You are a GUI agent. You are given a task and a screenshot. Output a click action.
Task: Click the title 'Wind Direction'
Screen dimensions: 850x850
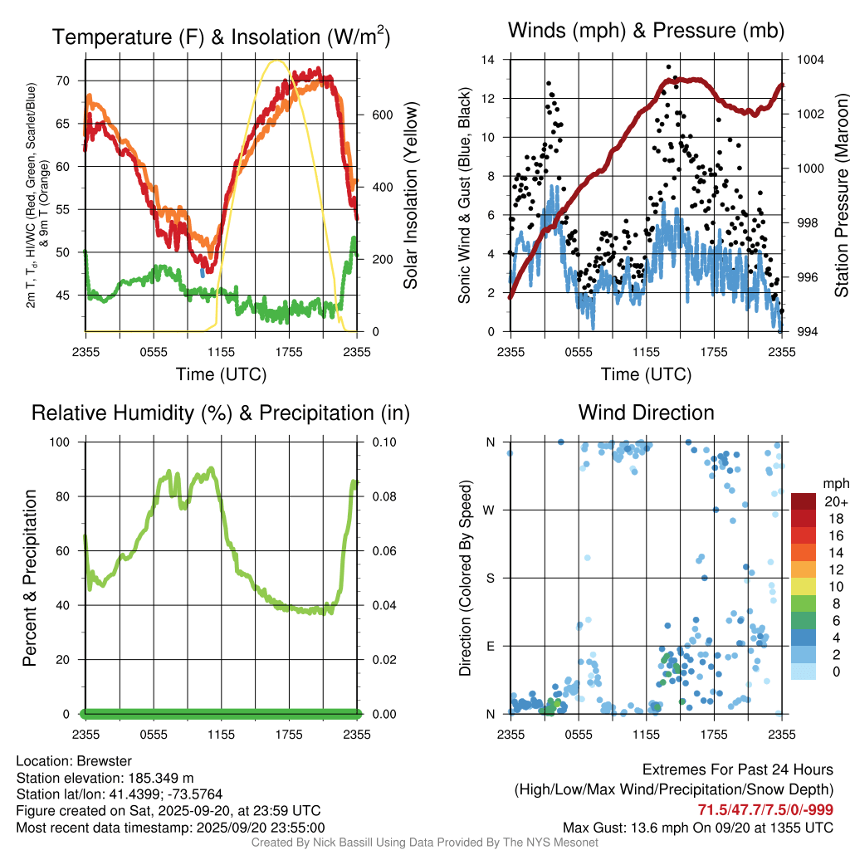tap(646, 413)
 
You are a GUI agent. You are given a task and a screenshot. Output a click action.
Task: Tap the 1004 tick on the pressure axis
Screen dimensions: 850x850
tap(810, 60)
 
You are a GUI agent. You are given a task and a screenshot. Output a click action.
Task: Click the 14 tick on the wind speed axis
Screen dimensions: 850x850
tap(489, 60)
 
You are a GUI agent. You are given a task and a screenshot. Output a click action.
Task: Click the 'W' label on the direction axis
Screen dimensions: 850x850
tap(490, 510)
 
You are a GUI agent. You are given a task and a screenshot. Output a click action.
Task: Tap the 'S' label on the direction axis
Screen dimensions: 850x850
tap(491, 578)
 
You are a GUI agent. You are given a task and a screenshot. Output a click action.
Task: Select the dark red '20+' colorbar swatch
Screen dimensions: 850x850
tap(803, 502)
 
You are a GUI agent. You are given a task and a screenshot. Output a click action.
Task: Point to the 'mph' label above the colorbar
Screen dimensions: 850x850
tap(833, 483)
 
